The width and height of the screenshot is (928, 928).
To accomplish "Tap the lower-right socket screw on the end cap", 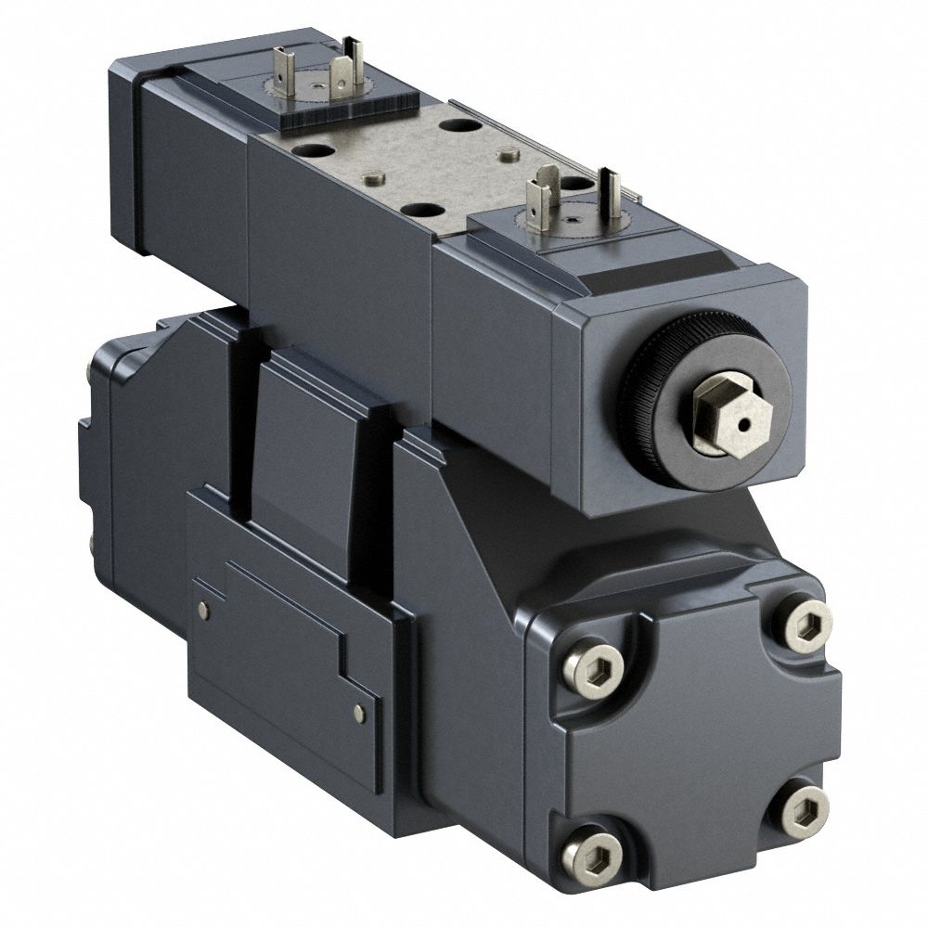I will [799, 807].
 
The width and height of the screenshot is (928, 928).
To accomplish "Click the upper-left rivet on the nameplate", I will [204, 608].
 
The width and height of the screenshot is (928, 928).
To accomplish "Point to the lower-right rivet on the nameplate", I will [360, 712].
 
